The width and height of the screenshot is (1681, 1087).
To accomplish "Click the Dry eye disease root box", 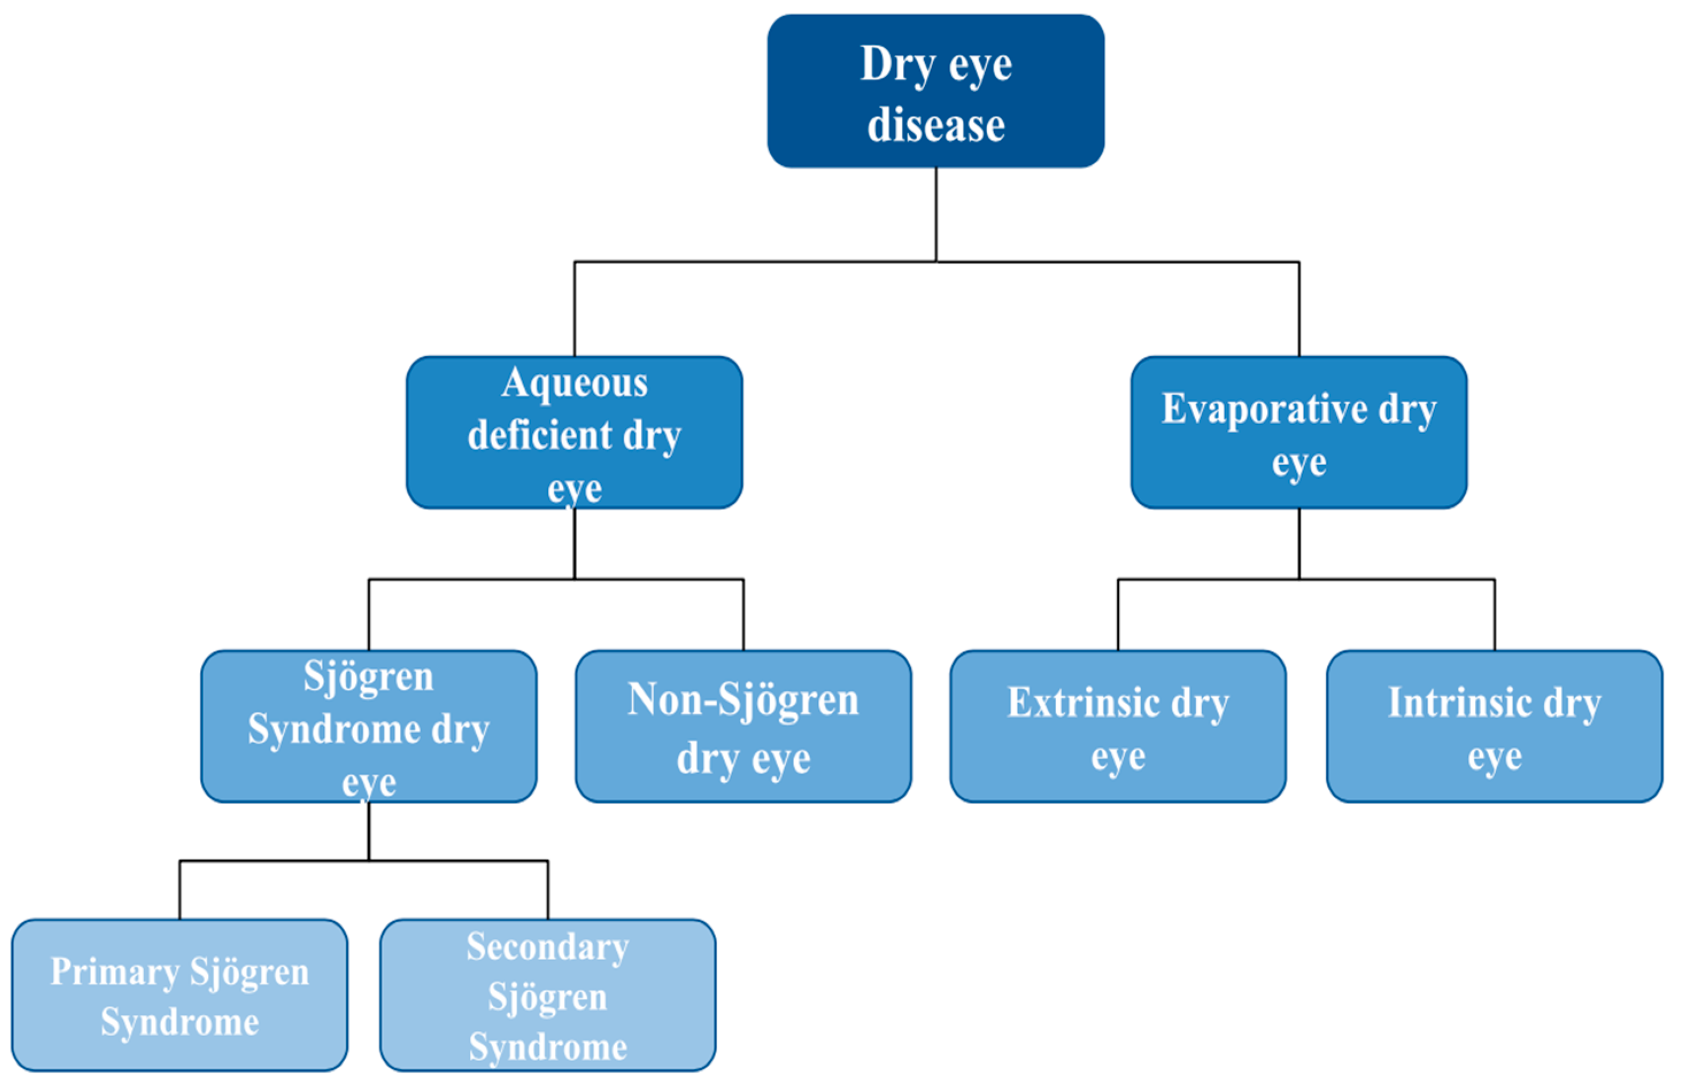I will pyautogui.click(x=935, y=92).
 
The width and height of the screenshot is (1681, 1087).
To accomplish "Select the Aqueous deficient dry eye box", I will pyautogui.click(x=573, y=432).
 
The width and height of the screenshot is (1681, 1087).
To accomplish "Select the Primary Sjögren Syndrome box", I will pyautogui.click(x=179, y=995).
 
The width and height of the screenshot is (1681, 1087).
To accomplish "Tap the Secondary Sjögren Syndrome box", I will pyautogui.click(x=547, y=995).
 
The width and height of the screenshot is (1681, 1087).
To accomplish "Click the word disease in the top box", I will pyautogui.click(x=935, y=126).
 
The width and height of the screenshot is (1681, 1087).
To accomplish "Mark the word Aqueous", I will pyautogui.click(x=573, y=383).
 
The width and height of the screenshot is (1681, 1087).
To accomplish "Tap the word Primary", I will pyautogui.click(x=114, y=973).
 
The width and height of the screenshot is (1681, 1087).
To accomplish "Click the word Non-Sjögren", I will pyautogui.click(x=743, y=700).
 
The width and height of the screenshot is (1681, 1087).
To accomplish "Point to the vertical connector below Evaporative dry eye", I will pyautogui.click(x=1299, y=543).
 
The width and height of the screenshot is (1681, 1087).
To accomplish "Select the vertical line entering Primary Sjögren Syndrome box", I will pyautogui.click(x=179, y=890).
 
